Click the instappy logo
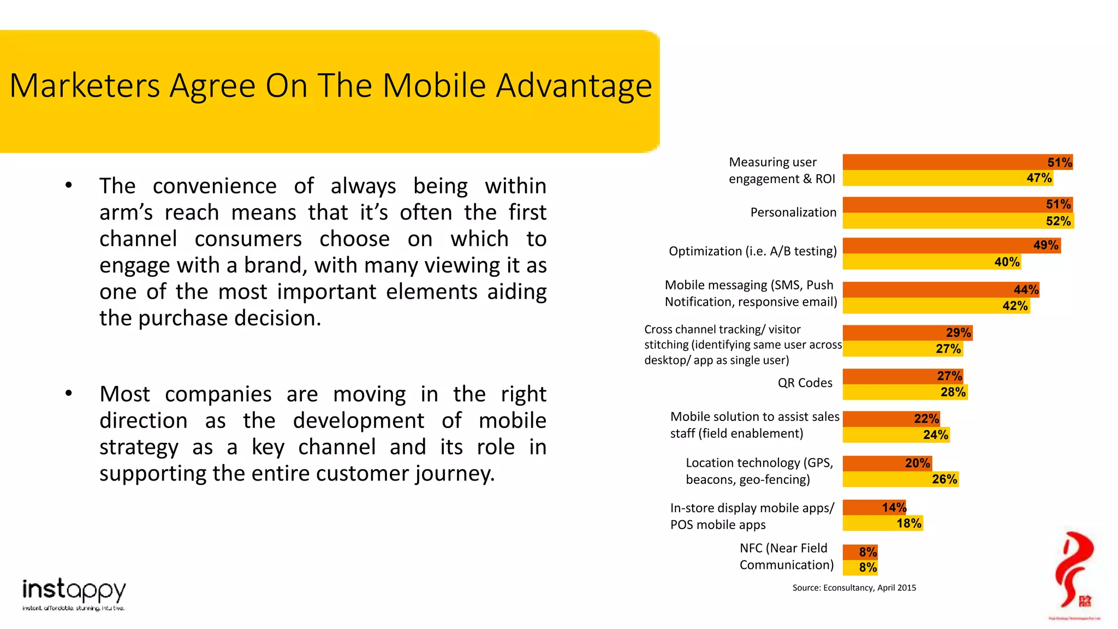point(74,593)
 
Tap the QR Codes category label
point(805,383)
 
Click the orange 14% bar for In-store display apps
point(873,507)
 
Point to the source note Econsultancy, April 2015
point(854,588)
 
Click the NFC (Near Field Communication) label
point(786,556)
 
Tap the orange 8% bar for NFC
point(859,552)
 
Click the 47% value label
point(1038,178)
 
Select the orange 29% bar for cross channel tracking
point(906,333)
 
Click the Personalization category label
point(793,212)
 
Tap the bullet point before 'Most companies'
point(68,393)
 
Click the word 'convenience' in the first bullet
point(215,186)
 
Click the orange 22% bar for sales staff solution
point(890,419)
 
